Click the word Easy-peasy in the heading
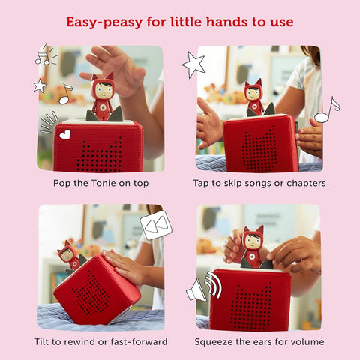pos(102,21)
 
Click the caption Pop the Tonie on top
pos(100,183)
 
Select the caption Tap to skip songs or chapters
pos(259,183)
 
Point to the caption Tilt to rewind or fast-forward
pos(100,342)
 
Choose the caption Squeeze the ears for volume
pos(259,342)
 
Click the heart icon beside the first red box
pos(65,135)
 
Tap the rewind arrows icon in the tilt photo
pos(156,225)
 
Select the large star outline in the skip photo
pos(193,64)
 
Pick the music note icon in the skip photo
pos(326,110)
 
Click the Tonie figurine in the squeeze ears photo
pos(251,247)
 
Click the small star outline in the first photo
pos(40,85)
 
